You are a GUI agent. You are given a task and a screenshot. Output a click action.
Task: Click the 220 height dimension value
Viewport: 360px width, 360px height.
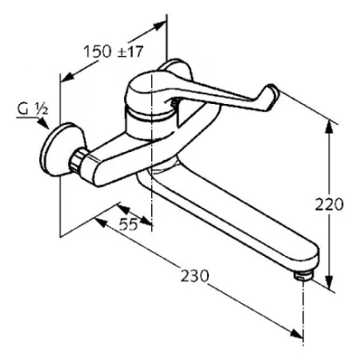pos(329,204)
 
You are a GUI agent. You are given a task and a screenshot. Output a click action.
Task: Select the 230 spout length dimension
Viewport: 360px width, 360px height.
pos(195,276)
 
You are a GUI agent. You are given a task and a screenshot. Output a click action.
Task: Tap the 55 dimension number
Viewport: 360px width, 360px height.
pos(128,225)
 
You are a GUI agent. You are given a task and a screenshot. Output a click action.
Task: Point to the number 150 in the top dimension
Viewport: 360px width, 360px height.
pos(98,52)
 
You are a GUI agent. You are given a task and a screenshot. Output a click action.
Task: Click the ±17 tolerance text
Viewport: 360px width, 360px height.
pos(130,52)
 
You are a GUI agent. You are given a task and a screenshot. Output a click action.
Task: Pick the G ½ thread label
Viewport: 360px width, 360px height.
pos(31,109)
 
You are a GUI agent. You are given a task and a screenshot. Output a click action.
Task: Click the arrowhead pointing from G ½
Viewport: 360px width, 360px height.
pos(44,123)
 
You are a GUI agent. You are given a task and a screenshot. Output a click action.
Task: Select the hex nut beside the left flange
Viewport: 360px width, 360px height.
pos(77,160)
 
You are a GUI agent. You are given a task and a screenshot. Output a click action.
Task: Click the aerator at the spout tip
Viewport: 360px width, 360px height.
pos(304,275)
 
